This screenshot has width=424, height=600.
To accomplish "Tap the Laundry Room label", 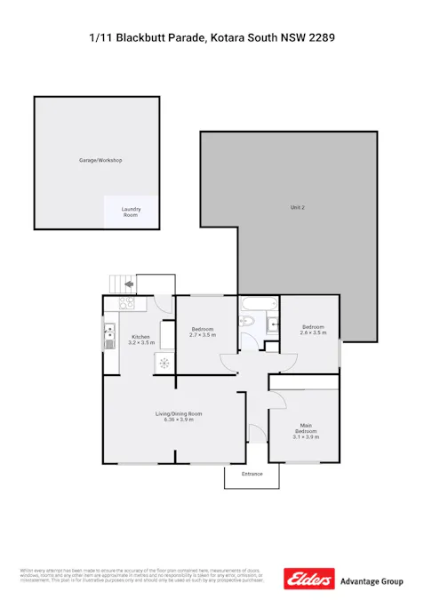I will [x=131, y=212].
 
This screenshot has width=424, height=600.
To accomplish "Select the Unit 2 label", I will [x=297, y=207].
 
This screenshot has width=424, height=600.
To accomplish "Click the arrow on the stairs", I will [x=129, y=284].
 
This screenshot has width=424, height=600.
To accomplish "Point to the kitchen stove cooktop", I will [x=127, y=302].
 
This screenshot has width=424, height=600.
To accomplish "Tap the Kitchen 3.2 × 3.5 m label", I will [x=140, y=340].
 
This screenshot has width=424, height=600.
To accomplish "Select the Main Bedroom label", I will [x=305, y=430].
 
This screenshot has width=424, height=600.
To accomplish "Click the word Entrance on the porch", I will [x=252, y=474].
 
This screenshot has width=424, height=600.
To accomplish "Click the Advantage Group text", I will [x=372, y=581].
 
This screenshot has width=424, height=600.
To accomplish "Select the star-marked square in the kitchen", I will [x=164, y=362].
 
